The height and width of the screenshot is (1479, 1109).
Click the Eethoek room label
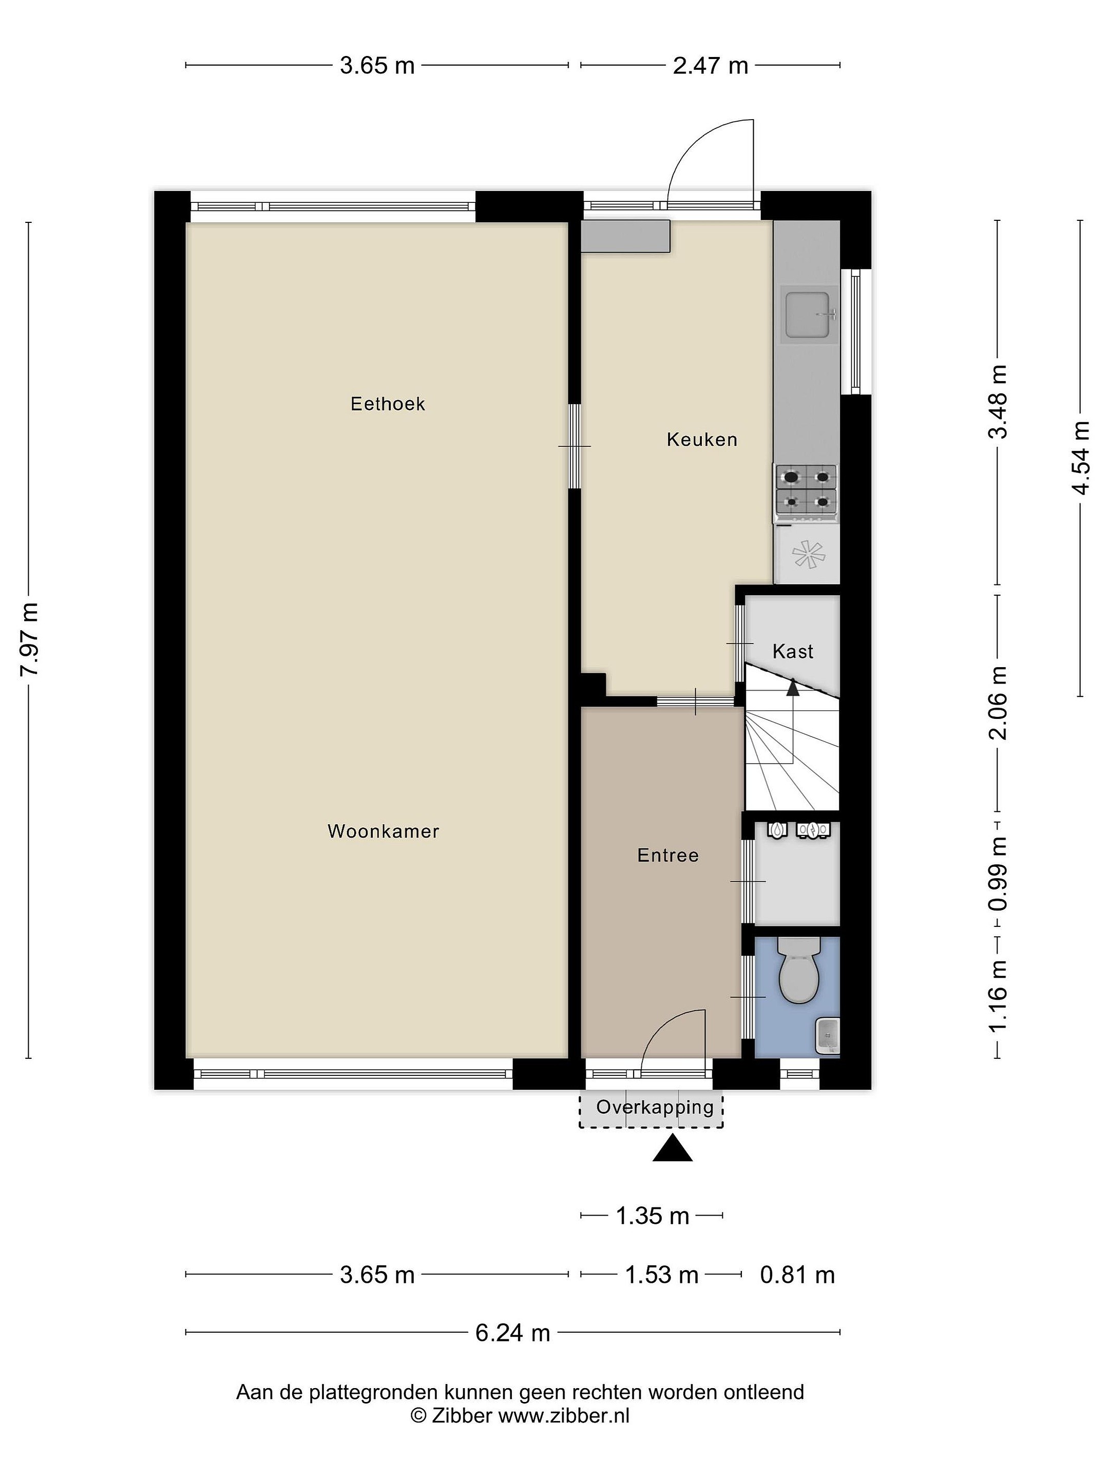pyautogui.click(x=388, y=404)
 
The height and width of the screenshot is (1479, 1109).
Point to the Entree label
pyautogui.click(x=668, y=855)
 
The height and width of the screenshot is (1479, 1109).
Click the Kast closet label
pyautogui.click(x=793, y=651)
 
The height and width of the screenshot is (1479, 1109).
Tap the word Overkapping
pyautogui.click(x=655, y=1107)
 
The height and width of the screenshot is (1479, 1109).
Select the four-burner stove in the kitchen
pyautogui.click(x=806, y=493)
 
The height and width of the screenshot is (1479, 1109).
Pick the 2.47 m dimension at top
pyautogui.click(x=711, y=66)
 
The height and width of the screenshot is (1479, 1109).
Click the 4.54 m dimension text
pyautogui.click(x=1080, y=458)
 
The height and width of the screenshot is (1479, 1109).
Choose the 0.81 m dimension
pyautogui.click(x=797, y=1275)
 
